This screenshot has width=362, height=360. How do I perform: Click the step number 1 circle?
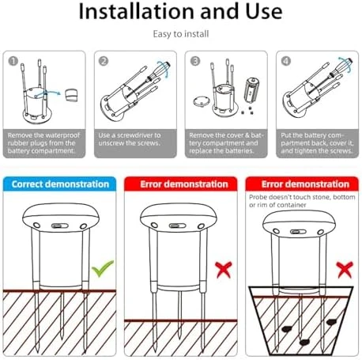[13, 61]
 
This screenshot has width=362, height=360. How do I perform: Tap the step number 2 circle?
[104, 61]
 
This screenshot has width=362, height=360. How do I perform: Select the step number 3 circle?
[195, 61]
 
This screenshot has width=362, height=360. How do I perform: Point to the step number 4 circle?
[286, 61]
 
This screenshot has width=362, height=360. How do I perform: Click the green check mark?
[103, 268]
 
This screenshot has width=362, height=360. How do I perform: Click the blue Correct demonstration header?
[60, 184]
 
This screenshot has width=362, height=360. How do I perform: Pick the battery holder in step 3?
[251, 89]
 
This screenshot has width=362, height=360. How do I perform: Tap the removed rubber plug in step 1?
[71, 95]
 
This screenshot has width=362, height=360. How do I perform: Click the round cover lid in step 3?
[202, 101]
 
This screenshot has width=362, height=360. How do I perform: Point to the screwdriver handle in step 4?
[344, 66]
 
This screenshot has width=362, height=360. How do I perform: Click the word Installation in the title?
[137, 12]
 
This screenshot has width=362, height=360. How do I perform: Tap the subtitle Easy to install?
[181, 34]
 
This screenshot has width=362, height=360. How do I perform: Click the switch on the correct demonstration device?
[60, 225]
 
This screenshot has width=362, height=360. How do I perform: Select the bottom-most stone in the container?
[304, 343]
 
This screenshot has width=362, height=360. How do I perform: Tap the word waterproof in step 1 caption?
[62, 135]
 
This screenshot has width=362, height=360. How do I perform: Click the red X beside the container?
[345, 270]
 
